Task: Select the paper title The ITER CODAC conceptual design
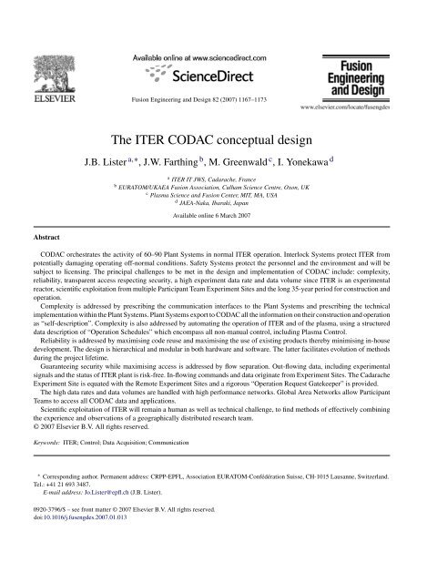pos(213,139)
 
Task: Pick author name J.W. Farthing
pos(188,165)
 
